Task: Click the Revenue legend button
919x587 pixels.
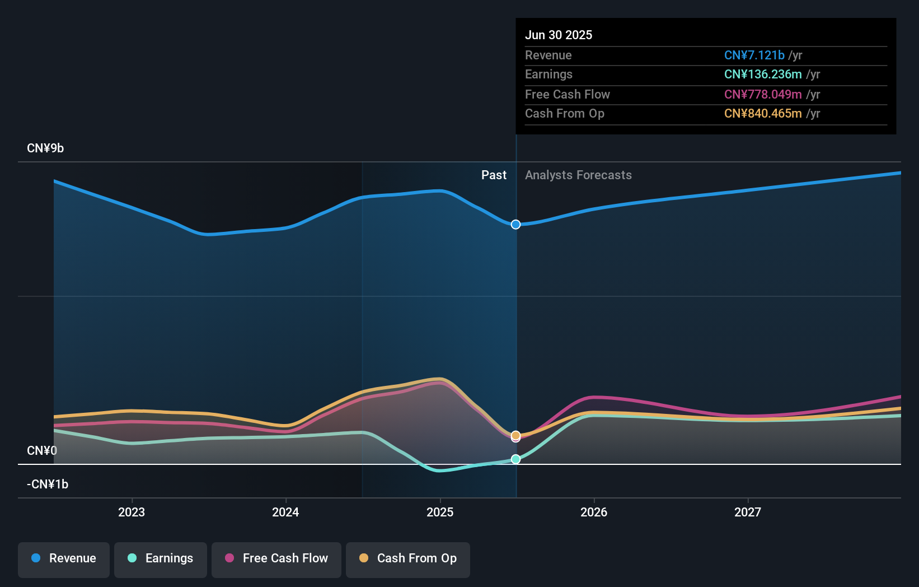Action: (64, 558)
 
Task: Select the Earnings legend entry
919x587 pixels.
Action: (161, 558)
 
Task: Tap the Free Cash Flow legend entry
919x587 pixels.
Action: (276, 558)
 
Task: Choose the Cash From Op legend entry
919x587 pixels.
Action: (408, 558)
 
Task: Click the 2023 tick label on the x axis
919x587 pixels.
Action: (132, 512)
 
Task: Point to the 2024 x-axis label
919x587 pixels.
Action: (285, 512)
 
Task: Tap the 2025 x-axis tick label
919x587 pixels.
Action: (440, 512)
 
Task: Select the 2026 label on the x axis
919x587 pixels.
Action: (594, 512)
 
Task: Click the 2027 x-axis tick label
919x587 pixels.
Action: (748, 512)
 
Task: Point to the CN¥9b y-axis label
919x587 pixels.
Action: (45, 148)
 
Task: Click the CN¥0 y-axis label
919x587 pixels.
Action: (42, 451)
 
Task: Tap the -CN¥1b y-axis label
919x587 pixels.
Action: (48, 484)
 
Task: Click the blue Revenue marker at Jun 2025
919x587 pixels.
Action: (515, 225)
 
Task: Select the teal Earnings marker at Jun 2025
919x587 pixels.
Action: (515, 459)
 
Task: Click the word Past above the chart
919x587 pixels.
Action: (494, 175)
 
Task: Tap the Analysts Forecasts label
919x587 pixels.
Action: (578, 175)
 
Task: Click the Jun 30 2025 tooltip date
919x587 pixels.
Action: (558, 35)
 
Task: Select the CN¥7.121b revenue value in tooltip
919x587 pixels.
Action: (754, 55)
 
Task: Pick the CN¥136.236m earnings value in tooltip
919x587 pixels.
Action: (763, 74)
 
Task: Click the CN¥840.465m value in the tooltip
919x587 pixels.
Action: (763, 113)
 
